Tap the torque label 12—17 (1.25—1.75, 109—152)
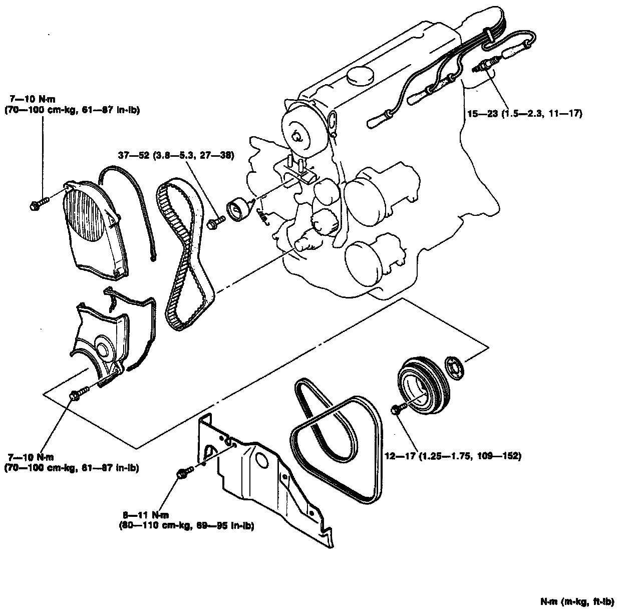pyautogui.click(x=454, y=456)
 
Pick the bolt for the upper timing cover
pyautogui.click(x=40, y=203)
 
